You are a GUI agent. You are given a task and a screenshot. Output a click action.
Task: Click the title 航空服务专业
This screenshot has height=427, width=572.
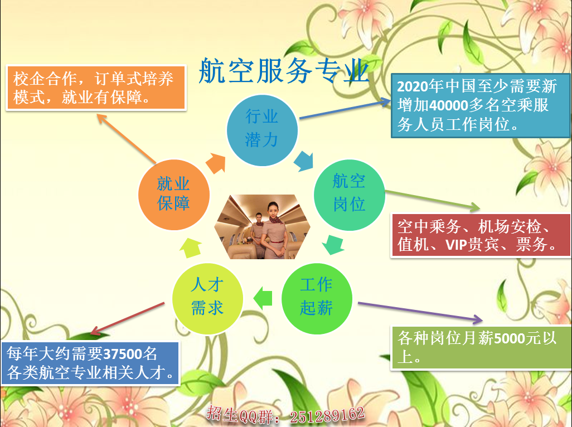point(284,71)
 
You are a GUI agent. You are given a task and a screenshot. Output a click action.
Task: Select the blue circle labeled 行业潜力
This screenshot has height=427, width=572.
point(262,130)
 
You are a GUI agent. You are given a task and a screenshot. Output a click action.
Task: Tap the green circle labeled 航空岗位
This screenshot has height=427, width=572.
point(350,195)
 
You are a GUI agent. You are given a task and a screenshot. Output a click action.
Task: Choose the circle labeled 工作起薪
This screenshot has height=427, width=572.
point(317,299)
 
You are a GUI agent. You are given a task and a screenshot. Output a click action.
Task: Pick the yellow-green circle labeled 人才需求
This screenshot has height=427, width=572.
point(207,299)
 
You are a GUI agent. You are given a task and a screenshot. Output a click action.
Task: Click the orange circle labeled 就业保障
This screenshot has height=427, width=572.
point(174,195)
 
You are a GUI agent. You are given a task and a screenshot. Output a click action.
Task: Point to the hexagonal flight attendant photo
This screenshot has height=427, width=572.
point(262,227)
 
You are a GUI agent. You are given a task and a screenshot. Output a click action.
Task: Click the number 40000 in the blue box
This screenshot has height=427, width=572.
point(449,106)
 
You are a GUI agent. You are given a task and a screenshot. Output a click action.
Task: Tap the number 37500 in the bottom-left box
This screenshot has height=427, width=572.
point(122,354)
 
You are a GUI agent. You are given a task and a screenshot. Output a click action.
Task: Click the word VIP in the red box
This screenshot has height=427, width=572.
point(457,244)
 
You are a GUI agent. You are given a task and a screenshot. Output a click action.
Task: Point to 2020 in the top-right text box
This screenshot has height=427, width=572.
point(412,87)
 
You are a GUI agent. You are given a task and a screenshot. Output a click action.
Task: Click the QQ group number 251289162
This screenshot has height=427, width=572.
point(327,415)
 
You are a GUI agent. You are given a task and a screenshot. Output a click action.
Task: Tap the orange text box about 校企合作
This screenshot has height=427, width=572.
point(96,88)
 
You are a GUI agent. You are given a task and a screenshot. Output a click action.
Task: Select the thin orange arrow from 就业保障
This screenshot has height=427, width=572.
point(126,139)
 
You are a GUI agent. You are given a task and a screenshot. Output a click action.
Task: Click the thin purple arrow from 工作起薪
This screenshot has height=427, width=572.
point(420,312)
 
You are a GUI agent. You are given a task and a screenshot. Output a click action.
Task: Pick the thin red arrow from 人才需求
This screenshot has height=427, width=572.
point(127,318)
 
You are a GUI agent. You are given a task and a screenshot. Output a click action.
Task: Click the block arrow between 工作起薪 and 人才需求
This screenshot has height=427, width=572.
point(263,299)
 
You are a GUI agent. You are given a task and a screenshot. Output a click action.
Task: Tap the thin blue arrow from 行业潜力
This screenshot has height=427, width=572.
point(345,108)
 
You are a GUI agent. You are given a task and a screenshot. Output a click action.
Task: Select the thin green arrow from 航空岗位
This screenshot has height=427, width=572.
point(433,201)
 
